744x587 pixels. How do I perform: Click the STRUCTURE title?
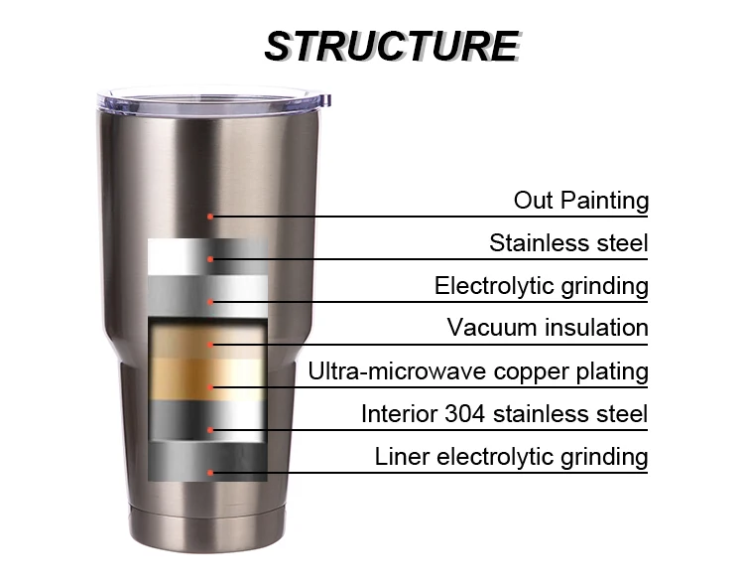point(391,46)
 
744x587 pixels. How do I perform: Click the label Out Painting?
point(580,201)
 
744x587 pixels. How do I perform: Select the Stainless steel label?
point(568,243)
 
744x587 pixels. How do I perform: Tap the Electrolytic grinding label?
point(541,287)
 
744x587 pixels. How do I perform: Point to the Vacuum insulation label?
point(548,328)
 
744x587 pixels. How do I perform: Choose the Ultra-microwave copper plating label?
point(478,372)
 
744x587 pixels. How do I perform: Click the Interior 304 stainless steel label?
point(504,413)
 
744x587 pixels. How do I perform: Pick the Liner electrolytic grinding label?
point(511,457)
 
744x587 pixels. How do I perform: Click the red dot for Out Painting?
point(210,216)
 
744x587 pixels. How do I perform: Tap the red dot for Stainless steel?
point(210,259)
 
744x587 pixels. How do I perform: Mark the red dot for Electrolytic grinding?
point(210,301)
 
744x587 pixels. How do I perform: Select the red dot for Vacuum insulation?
point(210,344)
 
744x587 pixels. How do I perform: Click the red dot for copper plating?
point(210,386)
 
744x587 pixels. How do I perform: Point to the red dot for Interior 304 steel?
point(210,430)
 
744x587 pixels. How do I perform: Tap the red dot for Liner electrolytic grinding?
point(210,472)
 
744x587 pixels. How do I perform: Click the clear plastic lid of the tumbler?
point(213,100)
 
